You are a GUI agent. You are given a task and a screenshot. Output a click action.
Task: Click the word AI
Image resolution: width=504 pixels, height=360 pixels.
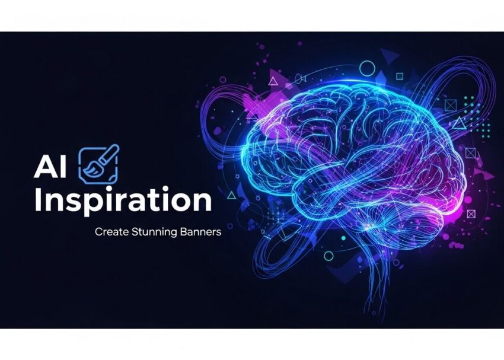(x=50, y=168)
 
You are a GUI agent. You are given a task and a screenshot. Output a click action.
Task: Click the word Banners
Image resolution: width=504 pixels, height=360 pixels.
(x=199, y=232)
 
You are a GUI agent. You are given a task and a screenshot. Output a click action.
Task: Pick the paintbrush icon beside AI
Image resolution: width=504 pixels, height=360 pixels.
(x=98, y=164)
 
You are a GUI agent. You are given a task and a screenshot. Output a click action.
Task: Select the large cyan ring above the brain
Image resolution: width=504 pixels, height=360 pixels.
(x=368, y=68)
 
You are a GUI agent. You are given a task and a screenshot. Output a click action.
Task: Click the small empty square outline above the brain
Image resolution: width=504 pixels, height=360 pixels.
(x=400, y=76)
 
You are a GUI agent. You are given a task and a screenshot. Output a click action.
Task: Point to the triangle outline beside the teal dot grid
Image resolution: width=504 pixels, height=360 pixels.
(x=460, y=123)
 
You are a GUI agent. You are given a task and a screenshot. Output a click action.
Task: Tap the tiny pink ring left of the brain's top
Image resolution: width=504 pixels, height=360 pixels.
(x=222, y=78)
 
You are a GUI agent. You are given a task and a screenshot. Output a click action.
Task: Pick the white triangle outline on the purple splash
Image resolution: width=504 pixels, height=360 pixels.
(x=273, y=81)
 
